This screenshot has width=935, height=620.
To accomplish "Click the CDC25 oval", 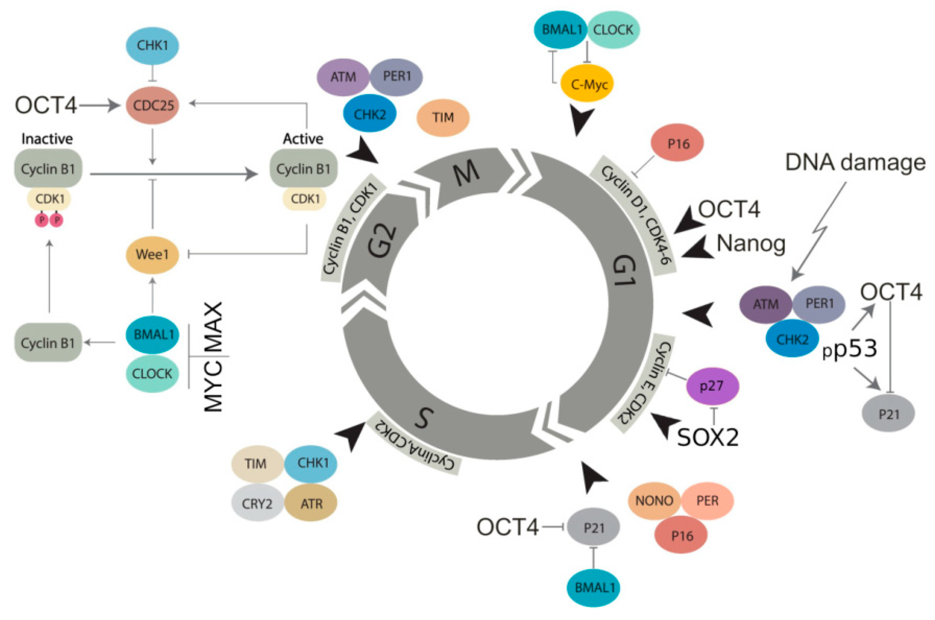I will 153,105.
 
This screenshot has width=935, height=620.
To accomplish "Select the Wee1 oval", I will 153,255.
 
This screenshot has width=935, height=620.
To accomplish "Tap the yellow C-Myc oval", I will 587,84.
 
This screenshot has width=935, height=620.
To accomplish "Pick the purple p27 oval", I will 712,386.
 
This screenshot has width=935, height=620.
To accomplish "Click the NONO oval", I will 654,501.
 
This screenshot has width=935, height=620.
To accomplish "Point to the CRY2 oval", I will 257,504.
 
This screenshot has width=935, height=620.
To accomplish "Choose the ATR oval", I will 311,504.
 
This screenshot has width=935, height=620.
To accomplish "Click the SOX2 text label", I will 708,437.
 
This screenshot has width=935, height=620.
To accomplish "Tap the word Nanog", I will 751,243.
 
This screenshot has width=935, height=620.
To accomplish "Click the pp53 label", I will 850,349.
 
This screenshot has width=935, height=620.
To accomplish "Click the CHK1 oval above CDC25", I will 152,45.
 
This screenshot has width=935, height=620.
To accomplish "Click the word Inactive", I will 47,139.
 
